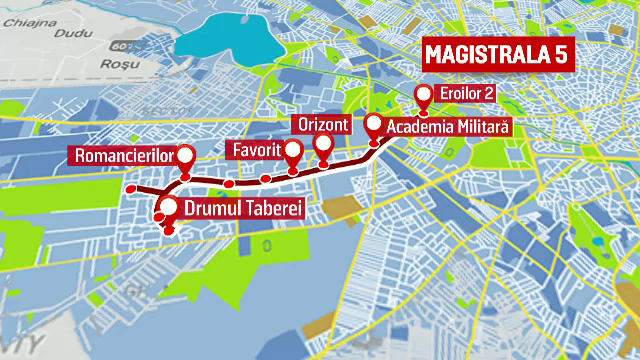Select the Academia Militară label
(x=448, y=127)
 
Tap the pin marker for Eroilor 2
(x=424, y=97)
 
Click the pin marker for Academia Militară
(x=374, y=126)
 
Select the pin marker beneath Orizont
(x=323, y=146)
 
